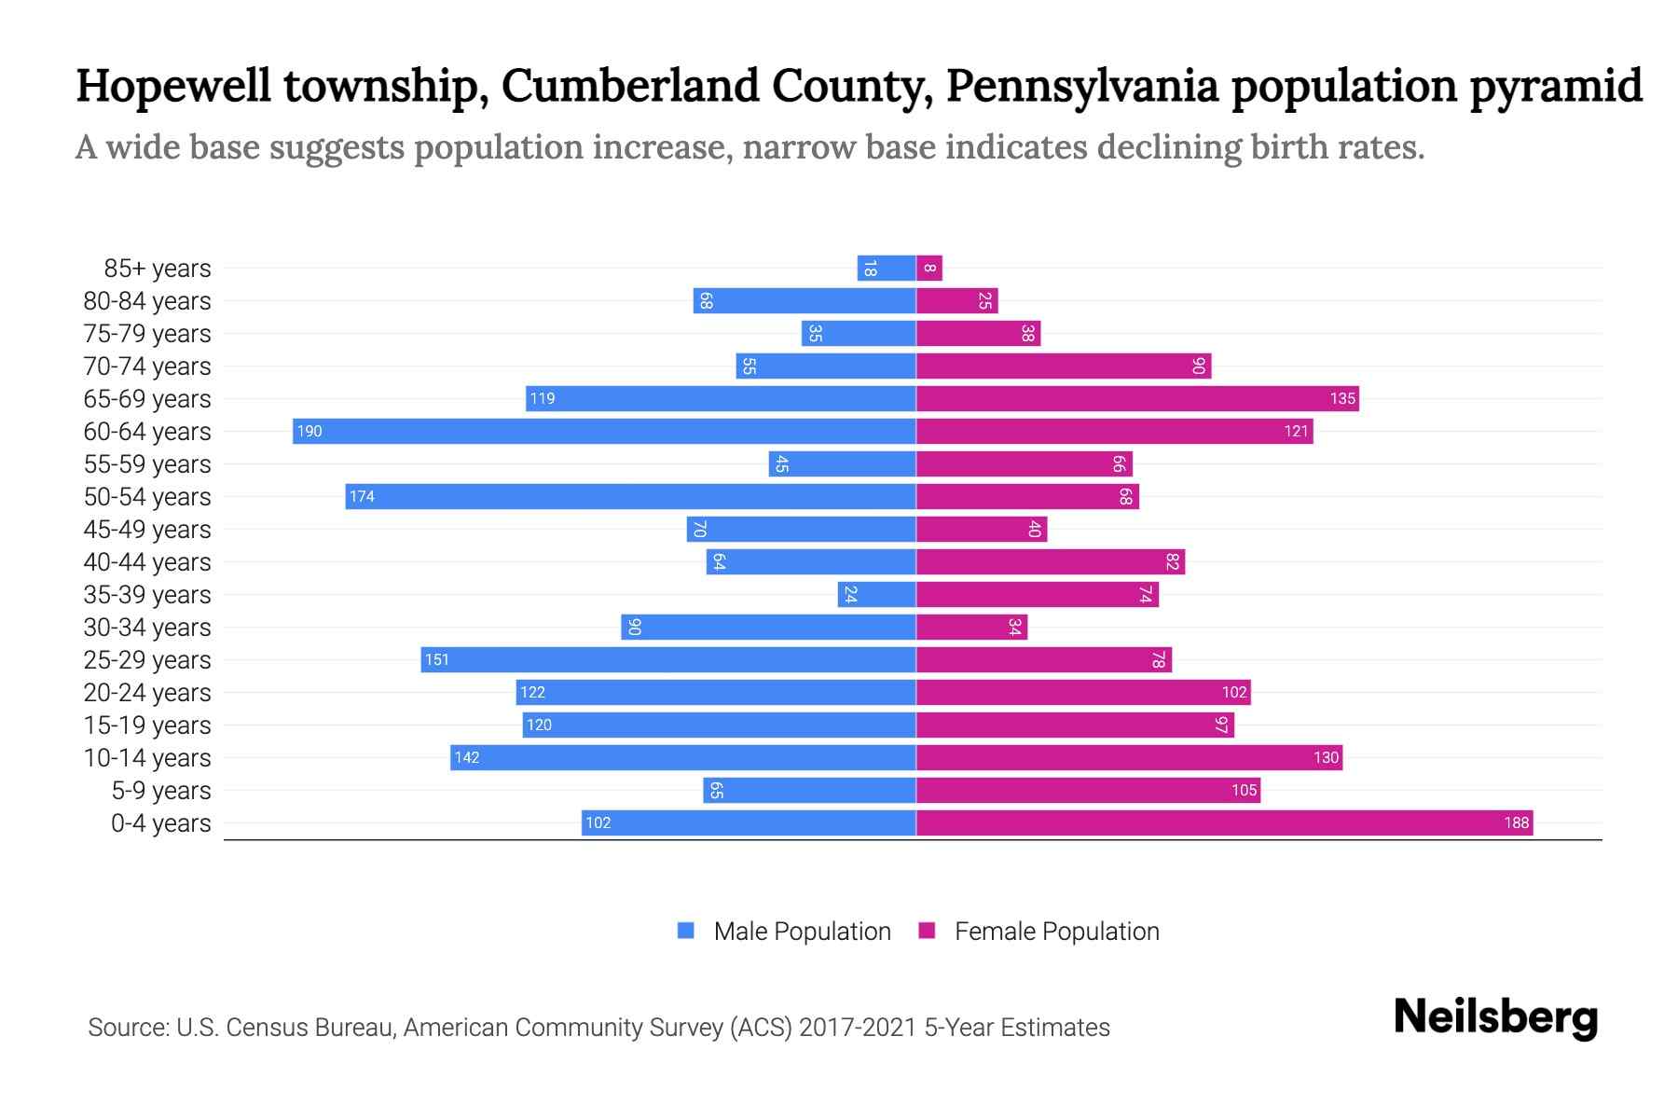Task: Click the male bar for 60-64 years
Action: (604, 431)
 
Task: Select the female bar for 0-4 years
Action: (1224, 822)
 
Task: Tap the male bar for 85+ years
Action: (887, 269)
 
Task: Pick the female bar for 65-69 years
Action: (1137, 398)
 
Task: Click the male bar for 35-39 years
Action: (877, 594)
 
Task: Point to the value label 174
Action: (362, 497)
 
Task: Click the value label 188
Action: (1516, 822)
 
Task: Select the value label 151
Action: (437, 660)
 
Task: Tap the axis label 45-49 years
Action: (147, 529)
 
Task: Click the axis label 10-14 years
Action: (147, 757)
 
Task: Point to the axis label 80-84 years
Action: (147, 300)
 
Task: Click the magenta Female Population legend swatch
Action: (927, 931)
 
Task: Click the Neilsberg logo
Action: (1495, 1017)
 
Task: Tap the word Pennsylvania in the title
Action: (1081, 86)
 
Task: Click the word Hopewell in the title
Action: (173, 86)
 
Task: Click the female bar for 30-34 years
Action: (971, 627)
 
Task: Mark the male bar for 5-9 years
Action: (809, 790)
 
